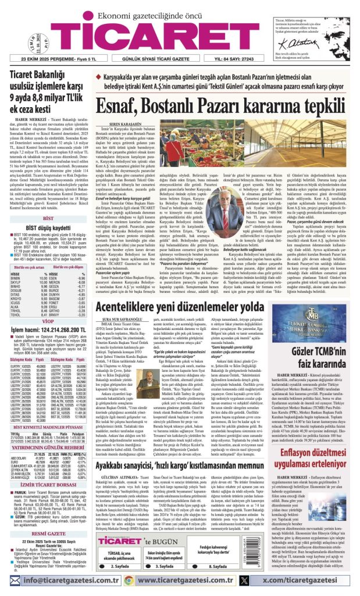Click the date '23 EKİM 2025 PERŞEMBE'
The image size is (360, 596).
tap(46, 60)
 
